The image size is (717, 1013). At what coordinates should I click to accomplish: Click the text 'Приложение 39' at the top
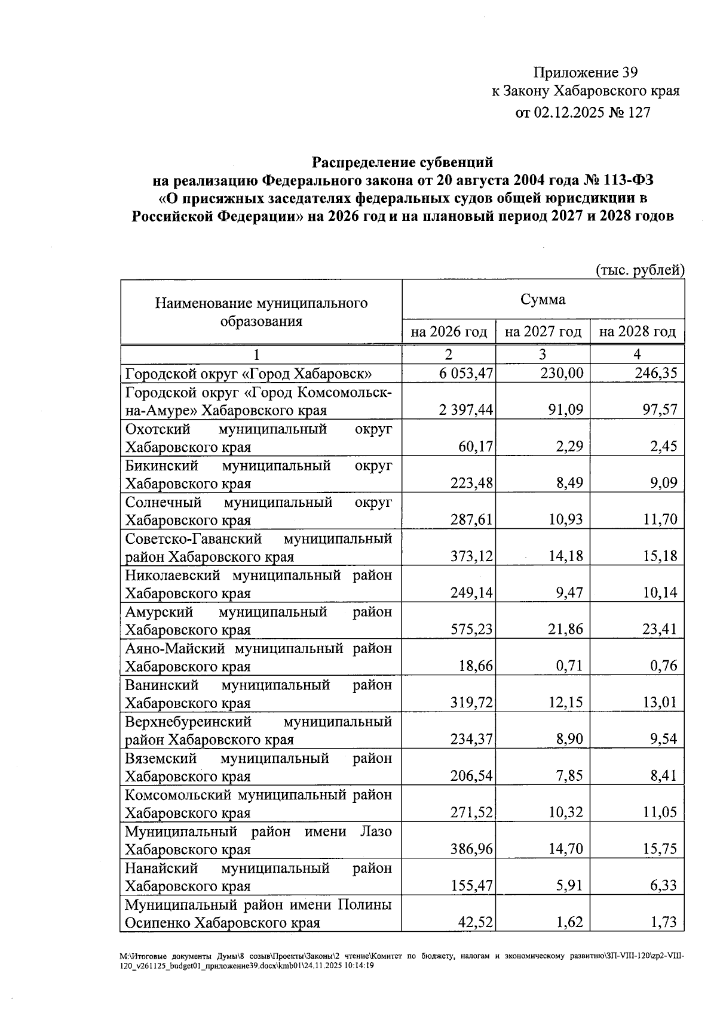585,73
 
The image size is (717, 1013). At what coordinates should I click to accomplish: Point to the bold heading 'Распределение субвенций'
403,162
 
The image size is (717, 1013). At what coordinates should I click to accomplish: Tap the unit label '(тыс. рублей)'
640,270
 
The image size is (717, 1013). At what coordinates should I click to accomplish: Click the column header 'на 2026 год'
449,332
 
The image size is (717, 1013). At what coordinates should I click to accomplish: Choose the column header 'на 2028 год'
637,332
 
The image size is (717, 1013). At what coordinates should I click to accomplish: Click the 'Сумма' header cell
543,300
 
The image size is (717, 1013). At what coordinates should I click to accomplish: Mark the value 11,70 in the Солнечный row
660,519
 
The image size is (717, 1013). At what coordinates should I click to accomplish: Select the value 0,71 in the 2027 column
568,666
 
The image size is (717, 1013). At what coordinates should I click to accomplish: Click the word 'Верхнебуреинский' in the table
188,722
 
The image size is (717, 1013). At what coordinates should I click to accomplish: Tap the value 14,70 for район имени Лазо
565,849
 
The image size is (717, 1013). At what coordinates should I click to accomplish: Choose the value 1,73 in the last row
663,922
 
